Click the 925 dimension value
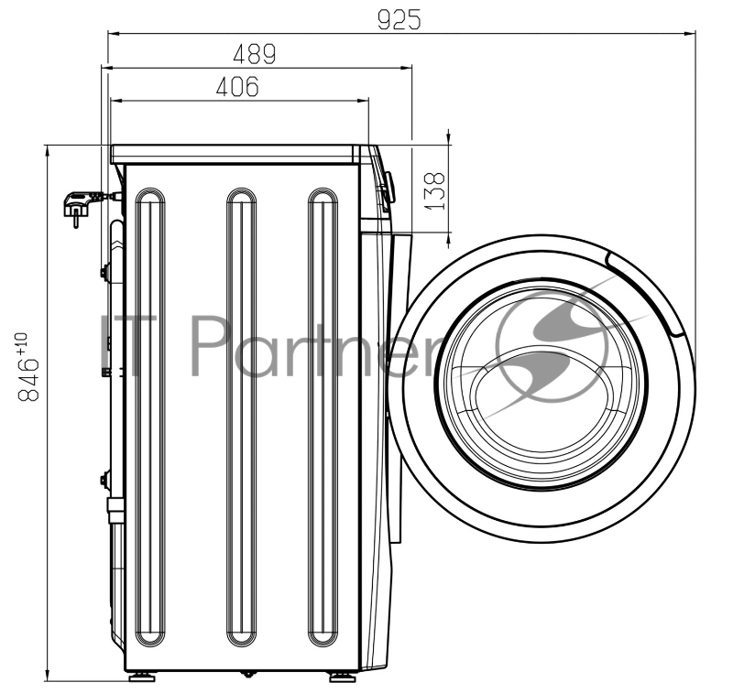click(x=399, y=19)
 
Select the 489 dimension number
click(x=255, y=54)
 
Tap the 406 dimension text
click(x=237, y=86)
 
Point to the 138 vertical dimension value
click(x=435, y=190)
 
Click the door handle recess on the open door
click(x=646, y=290)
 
